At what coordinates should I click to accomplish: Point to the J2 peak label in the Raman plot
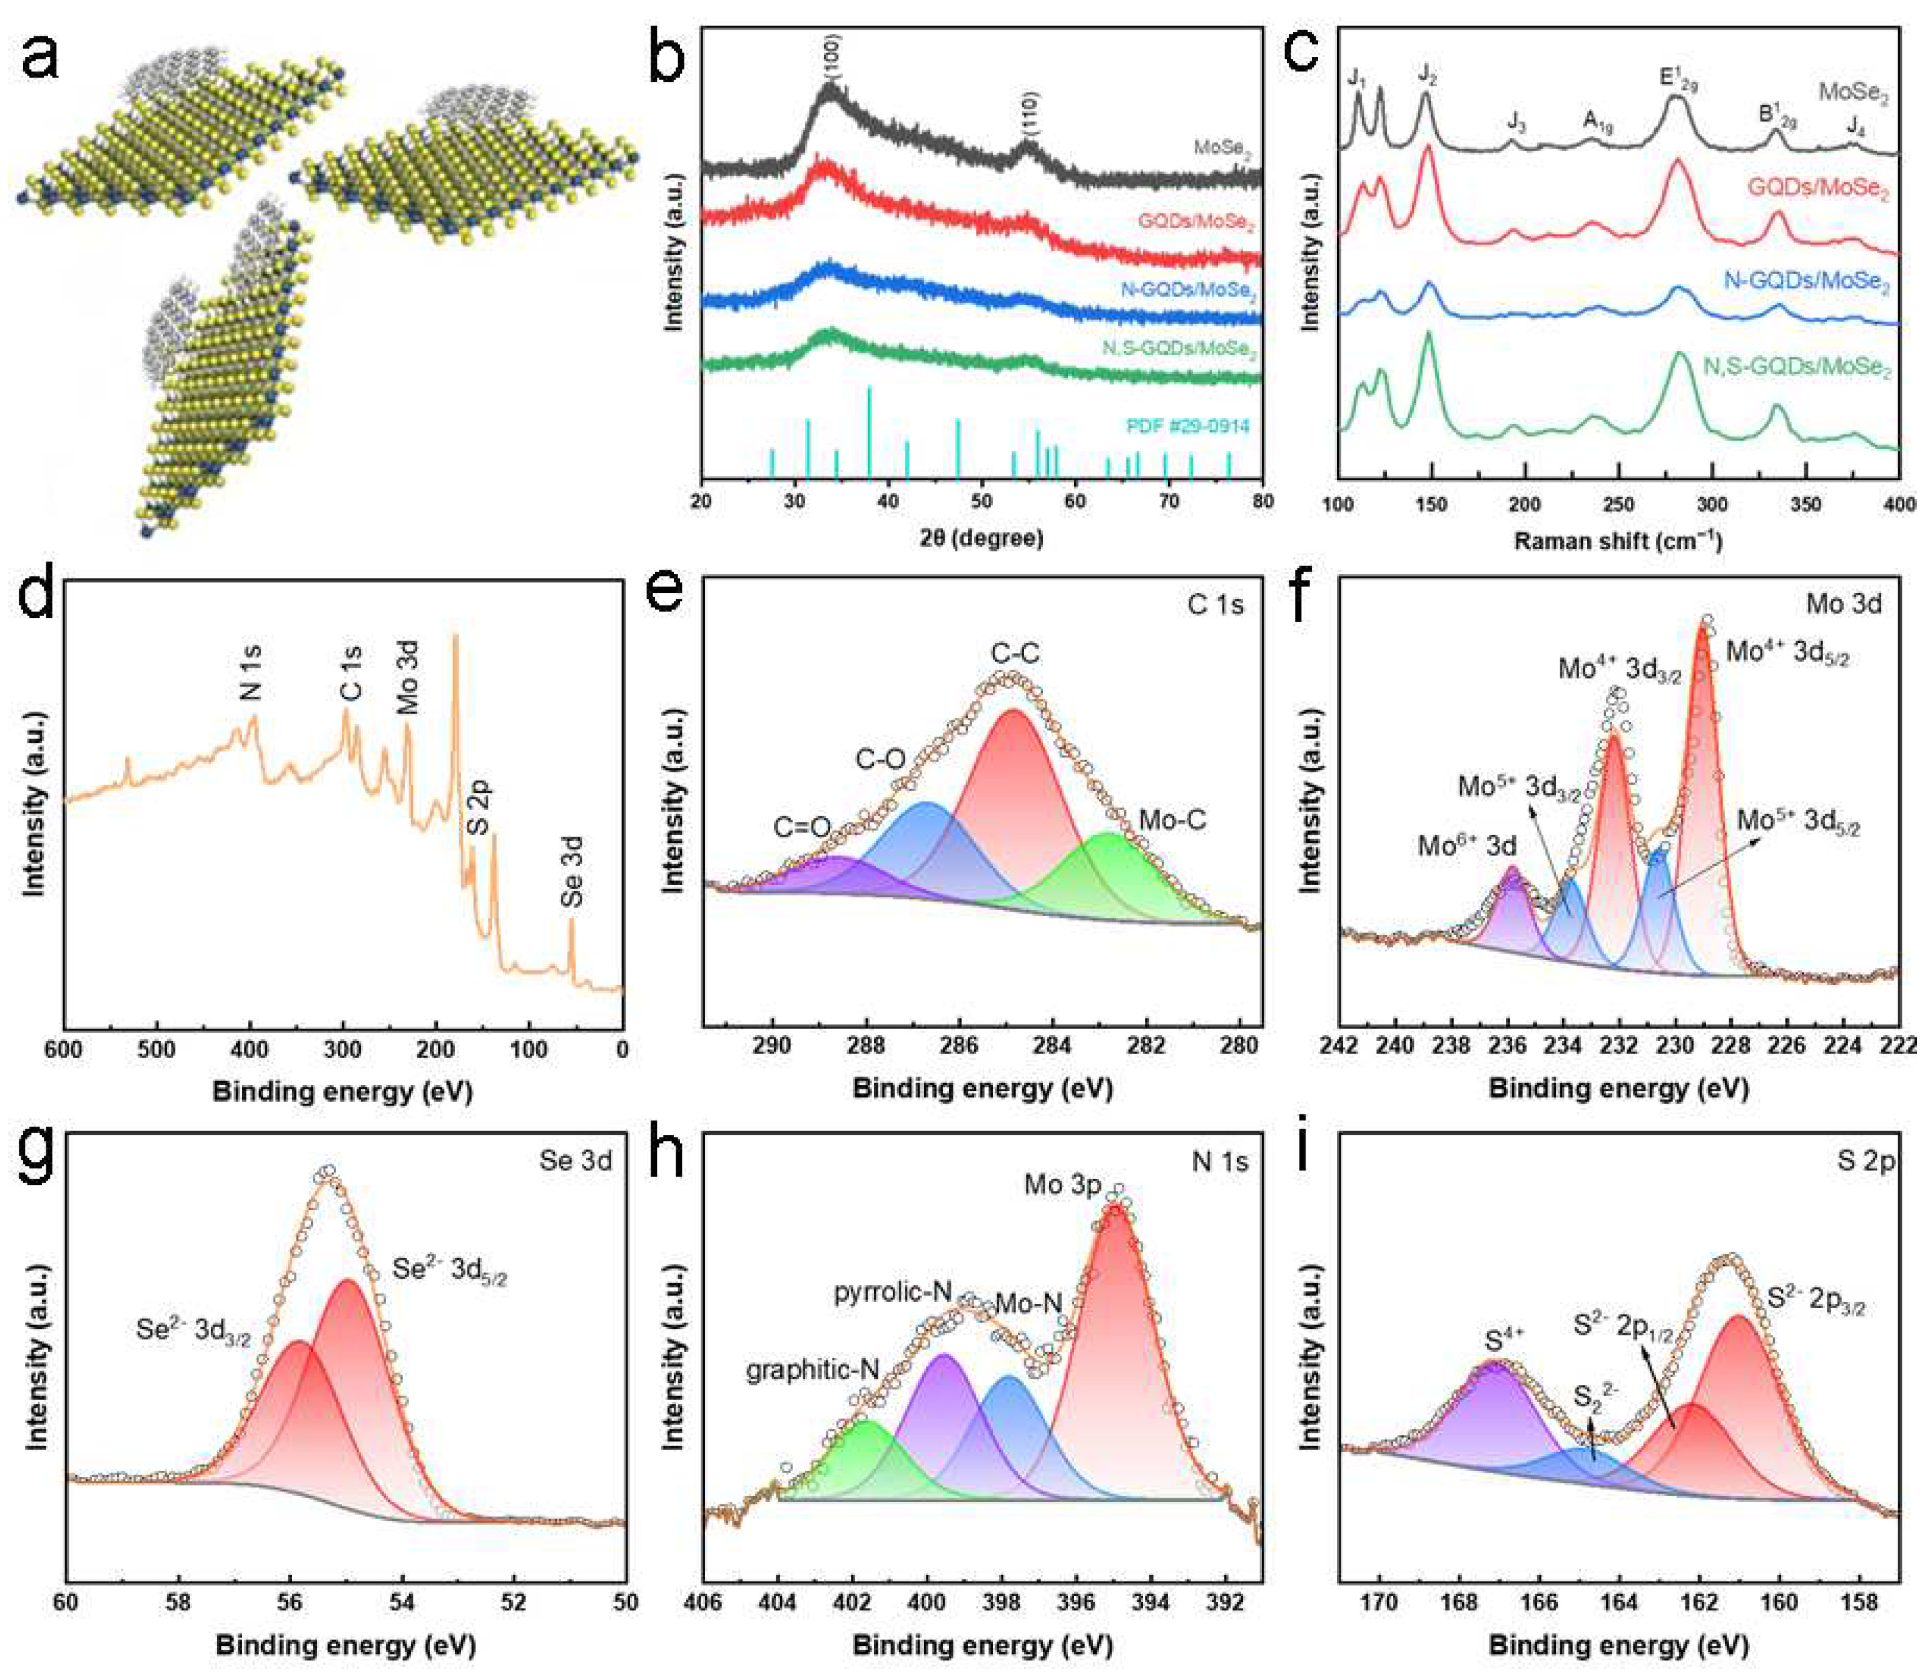(x=1427, y=74)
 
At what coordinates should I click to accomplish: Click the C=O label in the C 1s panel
(x=802, y=827)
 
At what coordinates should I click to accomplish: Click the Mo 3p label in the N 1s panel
(x=1062, y=1186)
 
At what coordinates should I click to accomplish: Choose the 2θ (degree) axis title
(x=981, y=537)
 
